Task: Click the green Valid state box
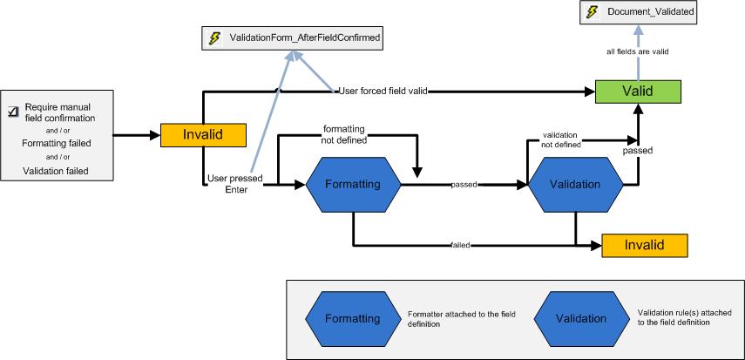(638, 91)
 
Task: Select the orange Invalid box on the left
(203, 135)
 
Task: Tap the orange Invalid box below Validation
(645, 245)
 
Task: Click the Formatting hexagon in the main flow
(353, 185)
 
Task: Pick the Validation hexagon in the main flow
(575, 185)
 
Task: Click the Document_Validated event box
(639, 12)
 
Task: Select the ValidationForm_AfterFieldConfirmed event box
(292, 38)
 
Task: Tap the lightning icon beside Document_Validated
(593, 12)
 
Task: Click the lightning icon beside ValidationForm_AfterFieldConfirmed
(214, 38)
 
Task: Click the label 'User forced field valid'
(383, 91)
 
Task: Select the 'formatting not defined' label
(345, 132)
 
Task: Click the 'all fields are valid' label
(637, 52)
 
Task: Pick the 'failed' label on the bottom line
(461, 246)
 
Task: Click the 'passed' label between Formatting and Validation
(463, 185)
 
